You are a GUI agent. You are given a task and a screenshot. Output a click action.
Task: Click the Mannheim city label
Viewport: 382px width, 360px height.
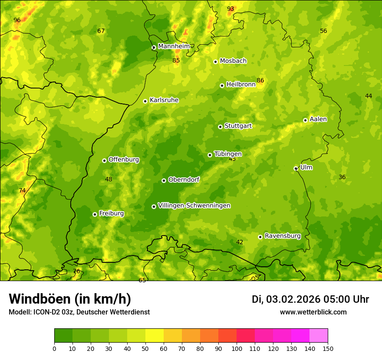[174, 46]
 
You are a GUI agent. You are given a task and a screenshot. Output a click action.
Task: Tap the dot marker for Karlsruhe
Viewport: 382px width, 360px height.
[145, 101]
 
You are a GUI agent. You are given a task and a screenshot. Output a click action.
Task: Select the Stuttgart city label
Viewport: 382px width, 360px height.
[238, 126]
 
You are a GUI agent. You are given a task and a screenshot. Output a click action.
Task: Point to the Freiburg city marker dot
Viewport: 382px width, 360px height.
[95, 214]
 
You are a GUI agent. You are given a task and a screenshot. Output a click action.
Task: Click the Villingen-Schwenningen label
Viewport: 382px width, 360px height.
[194, 206]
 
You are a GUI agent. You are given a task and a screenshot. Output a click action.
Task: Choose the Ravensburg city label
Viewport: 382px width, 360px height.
[282, 236]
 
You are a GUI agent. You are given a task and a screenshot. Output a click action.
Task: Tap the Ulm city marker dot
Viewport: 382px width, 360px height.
[296, 168]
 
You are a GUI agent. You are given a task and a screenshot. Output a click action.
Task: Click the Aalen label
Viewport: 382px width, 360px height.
[318, 119]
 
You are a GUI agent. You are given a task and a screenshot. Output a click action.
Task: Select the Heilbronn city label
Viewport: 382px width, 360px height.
[241, 85]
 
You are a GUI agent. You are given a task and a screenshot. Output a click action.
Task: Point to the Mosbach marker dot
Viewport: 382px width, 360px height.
[215, 62]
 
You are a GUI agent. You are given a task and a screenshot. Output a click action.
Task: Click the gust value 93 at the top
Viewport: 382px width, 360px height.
[231, 9]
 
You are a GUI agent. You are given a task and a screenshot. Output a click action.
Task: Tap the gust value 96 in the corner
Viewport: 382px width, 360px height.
[17, 20]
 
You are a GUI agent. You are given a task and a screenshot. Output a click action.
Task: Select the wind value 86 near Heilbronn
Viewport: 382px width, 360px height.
[260, 80]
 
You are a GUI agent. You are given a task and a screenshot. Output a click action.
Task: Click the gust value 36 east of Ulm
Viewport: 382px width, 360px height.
[342, 177]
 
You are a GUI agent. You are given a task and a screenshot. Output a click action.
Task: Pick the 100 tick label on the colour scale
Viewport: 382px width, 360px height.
[237, 348]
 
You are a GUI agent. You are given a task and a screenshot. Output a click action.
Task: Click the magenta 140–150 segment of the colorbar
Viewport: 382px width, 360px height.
[319, 335]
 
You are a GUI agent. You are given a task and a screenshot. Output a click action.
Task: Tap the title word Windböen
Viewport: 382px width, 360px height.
[40, 299]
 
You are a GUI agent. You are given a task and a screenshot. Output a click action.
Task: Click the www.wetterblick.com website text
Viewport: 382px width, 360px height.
[313, 312]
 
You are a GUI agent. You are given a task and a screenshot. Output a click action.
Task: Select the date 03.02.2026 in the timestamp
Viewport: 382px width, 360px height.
[293, 299]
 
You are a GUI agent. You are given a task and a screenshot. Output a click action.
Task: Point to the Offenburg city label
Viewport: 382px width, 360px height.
[124, 160]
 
